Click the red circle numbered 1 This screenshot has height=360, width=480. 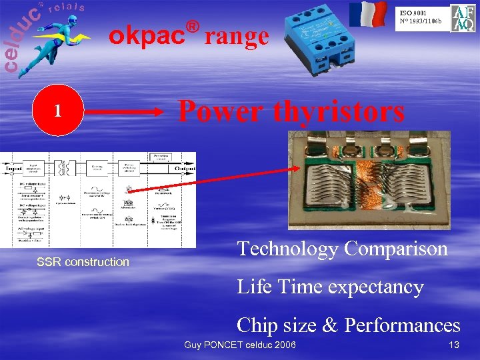coord(58,111)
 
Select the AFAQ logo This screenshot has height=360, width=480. coord(463,18)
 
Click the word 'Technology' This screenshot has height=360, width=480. coord(287,249)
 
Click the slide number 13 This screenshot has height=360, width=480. coord(455,344)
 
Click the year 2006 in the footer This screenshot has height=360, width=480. coord(285,344)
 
